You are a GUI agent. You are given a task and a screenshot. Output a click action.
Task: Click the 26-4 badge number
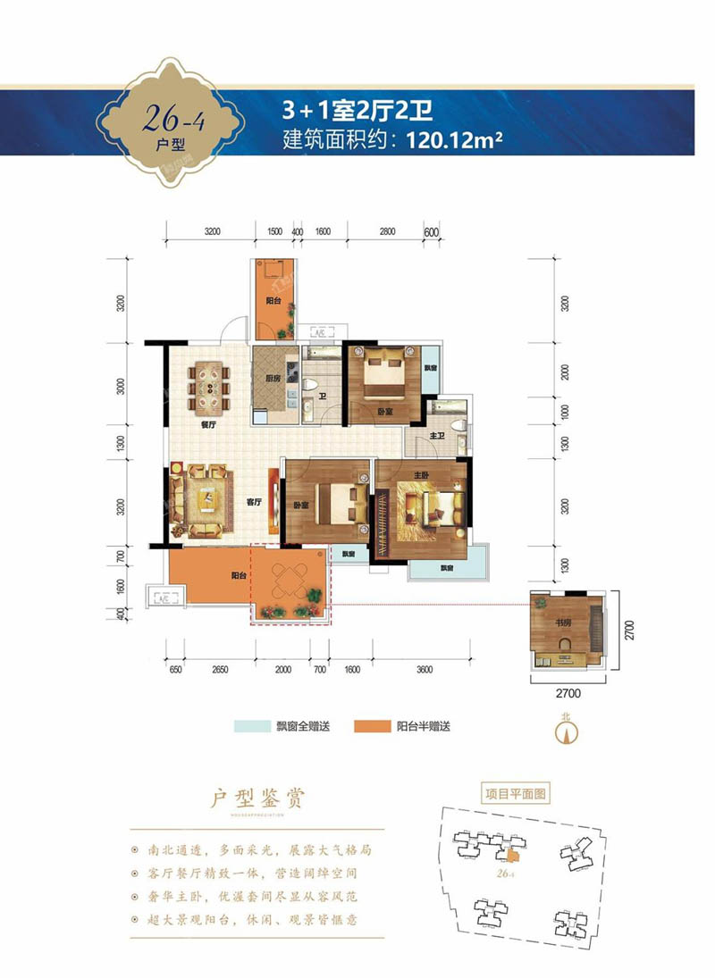(172, 117)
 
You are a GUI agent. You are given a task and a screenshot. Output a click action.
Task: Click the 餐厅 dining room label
(210, 426)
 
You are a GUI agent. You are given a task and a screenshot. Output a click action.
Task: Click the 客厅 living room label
(253, 503)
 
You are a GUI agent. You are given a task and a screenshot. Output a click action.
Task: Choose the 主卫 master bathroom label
(439, 435)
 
